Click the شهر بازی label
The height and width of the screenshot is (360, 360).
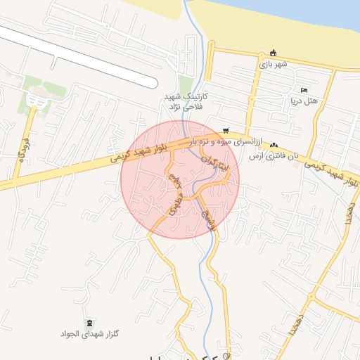274,64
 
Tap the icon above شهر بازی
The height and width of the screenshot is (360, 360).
274,53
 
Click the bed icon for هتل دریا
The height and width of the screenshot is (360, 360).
304,91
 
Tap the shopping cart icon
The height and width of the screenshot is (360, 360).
226,130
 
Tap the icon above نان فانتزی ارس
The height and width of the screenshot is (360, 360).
274,145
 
